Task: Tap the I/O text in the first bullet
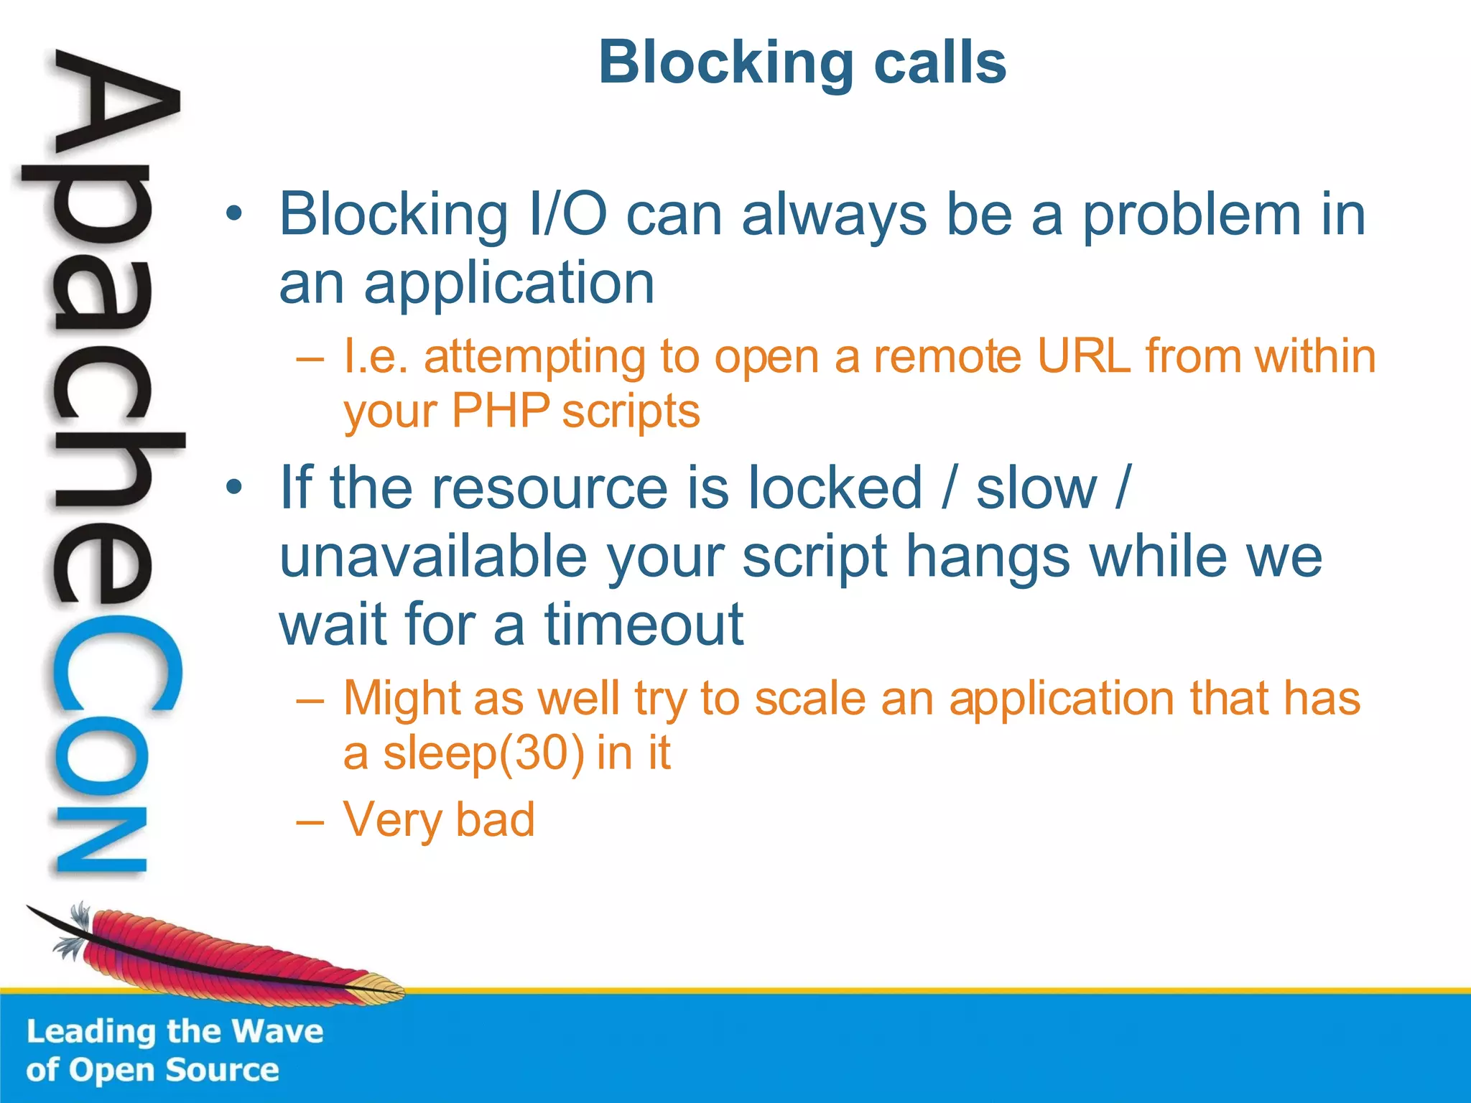(x=567, y=215)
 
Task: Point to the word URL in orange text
(x=1083, y=357)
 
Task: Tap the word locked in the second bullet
(x=835, y=488)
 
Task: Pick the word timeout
(x=644, y=625)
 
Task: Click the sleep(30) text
(x=483, y=754)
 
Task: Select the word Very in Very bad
(x=392, y=820)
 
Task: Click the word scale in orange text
(x=809, y=699)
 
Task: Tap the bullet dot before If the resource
(x=233, y=488)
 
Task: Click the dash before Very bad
(x=310, y=821)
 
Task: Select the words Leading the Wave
(x=175, y=1032)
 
